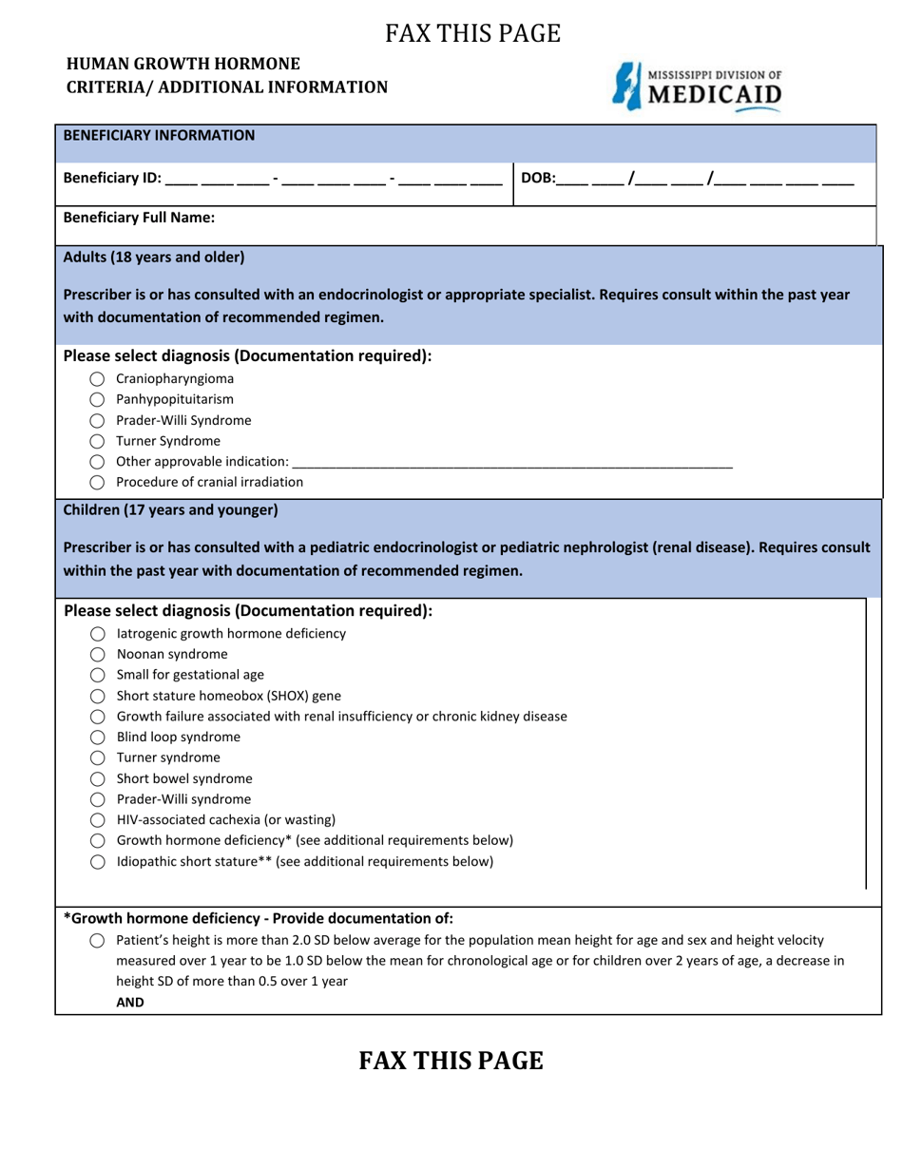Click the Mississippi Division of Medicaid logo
pyautogui.click(x=699, y=86)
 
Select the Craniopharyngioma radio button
pyautogui.click(x=97, y=379)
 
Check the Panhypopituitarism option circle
pyautogui.click(x=97, y=400)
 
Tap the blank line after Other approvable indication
pyautogui.click(x=512, y=462)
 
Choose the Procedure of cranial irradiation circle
pyautogui.click(x=97, y=483)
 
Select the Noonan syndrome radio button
pyautogui.click(x=97, y=655)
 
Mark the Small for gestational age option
pyautogui.click(x=97, y=676)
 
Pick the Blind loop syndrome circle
pyautogui.click(x=97, y=738)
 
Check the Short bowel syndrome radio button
pyautogui.click(x=97, y=779)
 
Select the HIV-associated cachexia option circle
pyautogui.click(x=97, y=820)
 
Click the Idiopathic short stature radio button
pyautogui.click(x=97, y=862)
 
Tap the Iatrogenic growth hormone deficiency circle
pyautogui.click(x=97, y=634)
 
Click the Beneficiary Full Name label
pyautogui.click(x=139, y=218)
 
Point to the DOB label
pyautogui.click(x=538, y=178)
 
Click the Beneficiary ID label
pyautogui.click(x=112, y=178)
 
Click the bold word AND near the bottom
pyautogui.click(x=130, y=1002)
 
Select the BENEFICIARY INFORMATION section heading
pyautogui.click(x=159, y=136)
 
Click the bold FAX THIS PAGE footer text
pyautogui.click(x=451, y=1061)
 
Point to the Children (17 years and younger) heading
pyautogui.click(x=170, y=510)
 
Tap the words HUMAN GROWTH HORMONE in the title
pyautogui.click(x=183, y=64)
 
